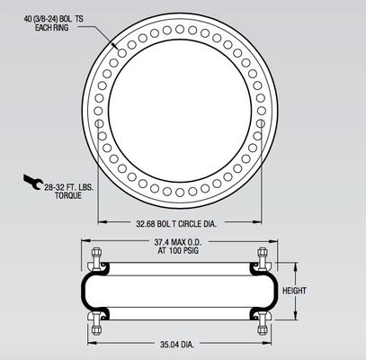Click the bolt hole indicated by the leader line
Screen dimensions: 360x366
tap(118, 47)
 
